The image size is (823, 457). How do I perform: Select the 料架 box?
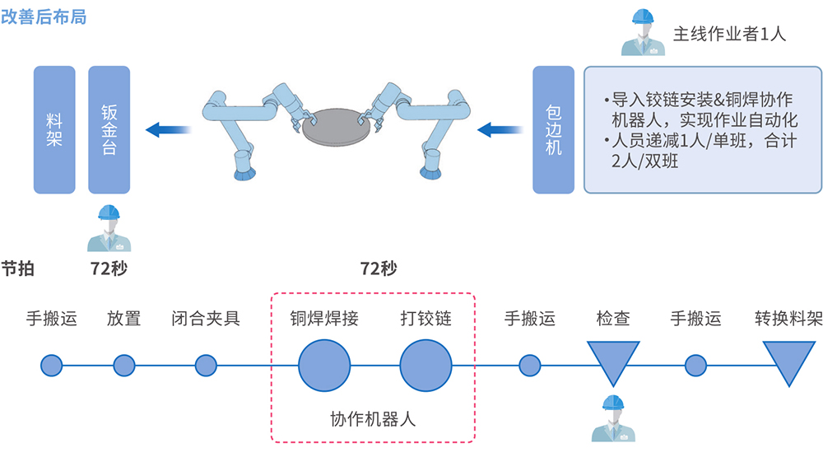pos(54,129)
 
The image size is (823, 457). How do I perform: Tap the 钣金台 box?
pos(109,129)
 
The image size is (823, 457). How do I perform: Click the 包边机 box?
pos(553,129)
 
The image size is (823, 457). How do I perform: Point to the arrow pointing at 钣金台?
pos(168,129)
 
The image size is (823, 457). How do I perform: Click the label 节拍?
pos(18,268)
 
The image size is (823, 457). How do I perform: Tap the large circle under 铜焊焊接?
pos(324,364)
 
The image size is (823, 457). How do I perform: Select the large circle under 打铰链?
pos(425,364)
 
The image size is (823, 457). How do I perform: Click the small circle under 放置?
pos(124,364)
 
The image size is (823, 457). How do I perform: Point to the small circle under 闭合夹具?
pos(206,364)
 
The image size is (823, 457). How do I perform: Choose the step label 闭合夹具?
pos(206,318)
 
